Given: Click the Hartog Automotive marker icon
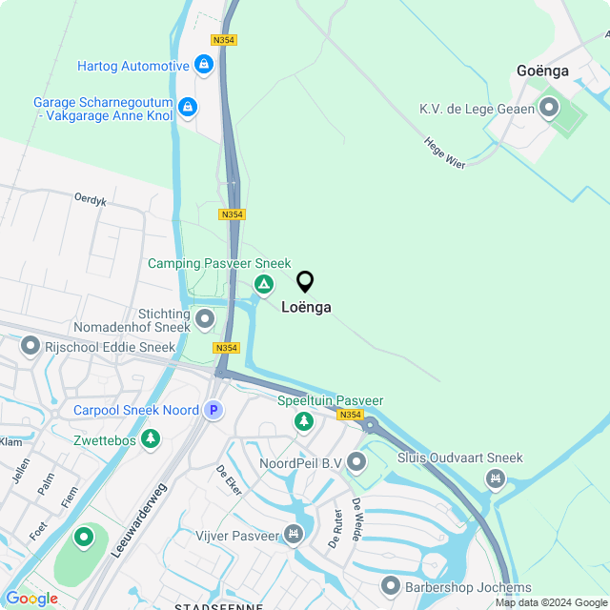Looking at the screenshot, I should [x=203, y=65].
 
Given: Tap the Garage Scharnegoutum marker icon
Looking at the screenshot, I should [x=188, y=108].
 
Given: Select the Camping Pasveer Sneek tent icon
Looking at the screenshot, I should [x=263, y=284].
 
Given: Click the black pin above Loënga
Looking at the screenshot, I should [x=305, y=282].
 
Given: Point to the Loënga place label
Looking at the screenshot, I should [x=306, y=308].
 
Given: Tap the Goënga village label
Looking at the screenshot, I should [x=542, y=71].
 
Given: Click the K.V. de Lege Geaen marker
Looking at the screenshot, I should [x=548, y=109].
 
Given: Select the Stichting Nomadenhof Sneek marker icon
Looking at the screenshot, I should [x=205, y=318].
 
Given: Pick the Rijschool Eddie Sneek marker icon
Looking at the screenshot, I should [x=30, y=346].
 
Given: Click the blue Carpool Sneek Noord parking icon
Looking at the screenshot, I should [x=213, y=410].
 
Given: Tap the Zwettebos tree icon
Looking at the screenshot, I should [x=150, y=438].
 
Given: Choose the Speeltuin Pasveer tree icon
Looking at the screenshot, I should [x=303, y=420].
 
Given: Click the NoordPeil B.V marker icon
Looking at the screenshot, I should [x=356, y=463].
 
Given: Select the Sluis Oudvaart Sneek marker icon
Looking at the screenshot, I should [x=495, y=478].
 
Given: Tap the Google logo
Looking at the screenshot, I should [x=31, y=598].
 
